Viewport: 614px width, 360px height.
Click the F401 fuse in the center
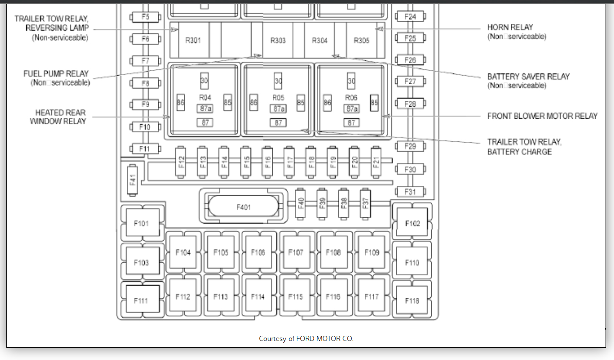click(x=243, y=207)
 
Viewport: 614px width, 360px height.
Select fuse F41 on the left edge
click(x=132, y=180)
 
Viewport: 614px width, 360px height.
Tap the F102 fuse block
click(x=412, y=223)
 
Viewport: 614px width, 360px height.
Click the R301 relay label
click(x=193, y=40)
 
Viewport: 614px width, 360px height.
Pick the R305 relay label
click(x=362, y=40)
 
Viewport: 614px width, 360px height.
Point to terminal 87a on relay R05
click(x=278, y=109)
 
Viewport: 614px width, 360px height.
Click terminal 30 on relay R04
click(x=204, y=80)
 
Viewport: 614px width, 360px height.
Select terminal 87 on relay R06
click(x=351, y=123)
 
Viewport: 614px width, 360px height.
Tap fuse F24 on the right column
click(x=410, y=16)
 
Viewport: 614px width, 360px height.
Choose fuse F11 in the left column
click(x=145, y=148)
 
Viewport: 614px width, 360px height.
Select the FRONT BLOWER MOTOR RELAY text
click(x=542, y=116)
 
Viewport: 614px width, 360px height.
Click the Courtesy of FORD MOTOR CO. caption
click(x=306, y=338)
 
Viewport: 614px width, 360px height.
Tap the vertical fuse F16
click(x=268, y=162)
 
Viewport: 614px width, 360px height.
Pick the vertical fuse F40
click(x=301, y=203)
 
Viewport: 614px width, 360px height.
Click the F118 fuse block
click(x=412, y=301)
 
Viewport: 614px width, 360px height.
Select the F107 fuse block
click(x=296, y=253)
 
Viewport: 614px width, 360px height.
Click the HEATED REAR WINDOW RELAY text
click(x=59, y=117)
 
